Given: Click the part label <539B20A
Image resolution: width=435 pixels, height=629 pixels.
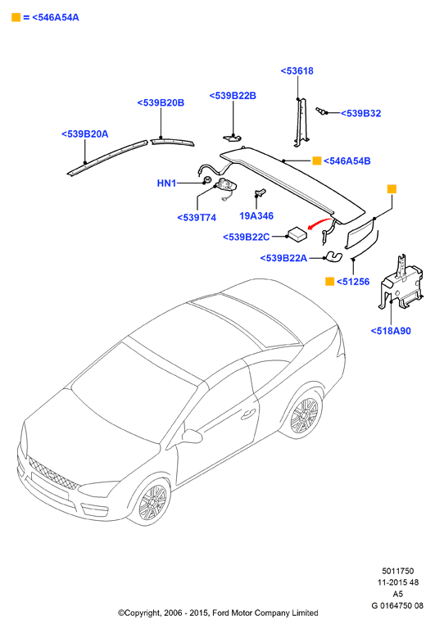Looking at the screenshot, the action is tap(84, 134).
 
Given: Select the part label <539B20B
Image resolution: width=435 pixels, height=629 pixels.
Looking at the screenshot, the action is tap(161, 102).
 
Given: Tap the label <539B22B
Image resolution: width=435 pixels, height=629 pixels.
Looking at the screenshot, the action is tap(233, 96).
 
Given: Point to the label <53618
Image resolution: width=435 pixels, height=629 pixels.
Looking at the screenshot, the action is tap(297, 71).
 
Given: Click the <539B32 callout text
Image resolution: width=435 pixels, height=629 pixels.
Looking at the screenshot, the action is tap(360, 114).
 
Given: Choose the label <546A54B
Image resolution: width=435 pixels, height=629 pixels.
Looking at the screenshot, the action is tap(347, 161).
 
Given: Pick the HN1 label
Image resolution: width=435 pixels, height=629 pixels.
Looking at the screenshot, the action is tap(166, 183).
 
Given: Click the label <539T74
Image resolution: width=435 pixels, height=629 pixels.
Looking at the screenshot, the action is tap(197, 218).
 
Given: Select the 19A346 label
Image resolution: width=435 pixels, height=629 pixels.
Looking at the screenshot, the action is tap(256, 216).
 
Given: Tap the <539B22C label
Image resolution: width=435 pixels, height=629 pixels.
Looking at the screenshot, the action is tap(246, 237).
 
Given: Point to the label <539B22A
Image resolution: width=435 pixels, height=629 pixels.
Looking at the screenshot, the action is tap(283, 258).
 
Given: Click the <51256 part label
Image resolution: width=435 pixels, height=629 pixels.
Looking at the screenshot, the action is tap(353, 282).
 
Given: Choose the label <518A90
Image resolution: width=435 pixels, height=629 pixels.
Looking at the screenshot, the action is tap(391, 331).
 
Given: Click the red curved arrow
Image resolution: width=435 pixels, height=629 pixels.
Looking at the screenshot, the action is tap(319, 222).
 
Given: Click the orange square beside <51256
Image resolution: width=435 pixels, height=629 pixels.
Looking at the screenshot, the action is tap(329, 282).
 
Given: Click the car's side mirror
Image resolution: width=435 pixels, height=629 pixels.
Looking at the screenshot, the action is tap(191, 436).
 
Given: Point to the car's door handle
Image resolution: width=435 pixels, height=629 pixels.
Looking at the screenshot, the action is tap(248, 414).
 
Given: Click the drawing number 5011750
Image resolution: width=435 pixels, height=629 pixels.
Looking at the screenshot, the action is tap(397, 571).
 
